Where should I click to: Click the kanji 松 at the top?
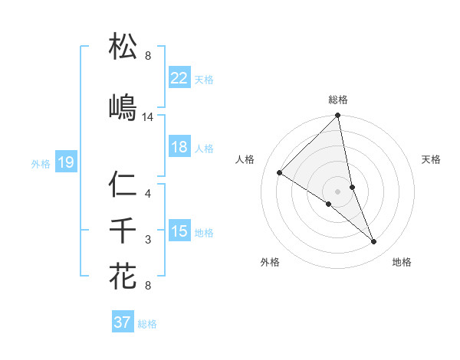tap(123, 47)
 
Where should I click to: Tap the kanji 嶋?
tap(123, 107)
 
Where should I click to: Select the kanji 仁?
tap(123, 185)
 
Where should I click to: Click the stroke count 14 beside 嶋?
tap(148, 117)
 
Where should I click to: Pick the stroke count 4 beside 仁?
tap(148, 194)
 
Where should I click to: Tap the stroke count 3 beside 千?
tap(148, 240)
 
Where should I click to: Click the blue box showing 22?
tap(179, 78)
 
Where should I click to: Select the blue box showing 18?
tap(179, 148)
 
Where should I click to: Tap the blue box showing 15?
tap(179, 231)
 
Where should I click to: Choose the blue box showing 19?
tap(65, 162)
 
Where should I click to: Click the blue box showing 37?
tap(122, 322)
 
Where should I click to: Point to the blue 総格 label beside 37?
tap(147, 324)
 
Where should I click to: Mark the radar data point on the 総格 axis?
tap(337, 116)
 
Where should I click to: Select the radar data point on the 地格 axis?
tap(374, 242)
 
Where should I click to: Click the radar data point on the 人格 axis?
tap(280, 173)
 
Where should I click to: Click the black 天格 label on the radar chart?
tap(432, 159)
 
